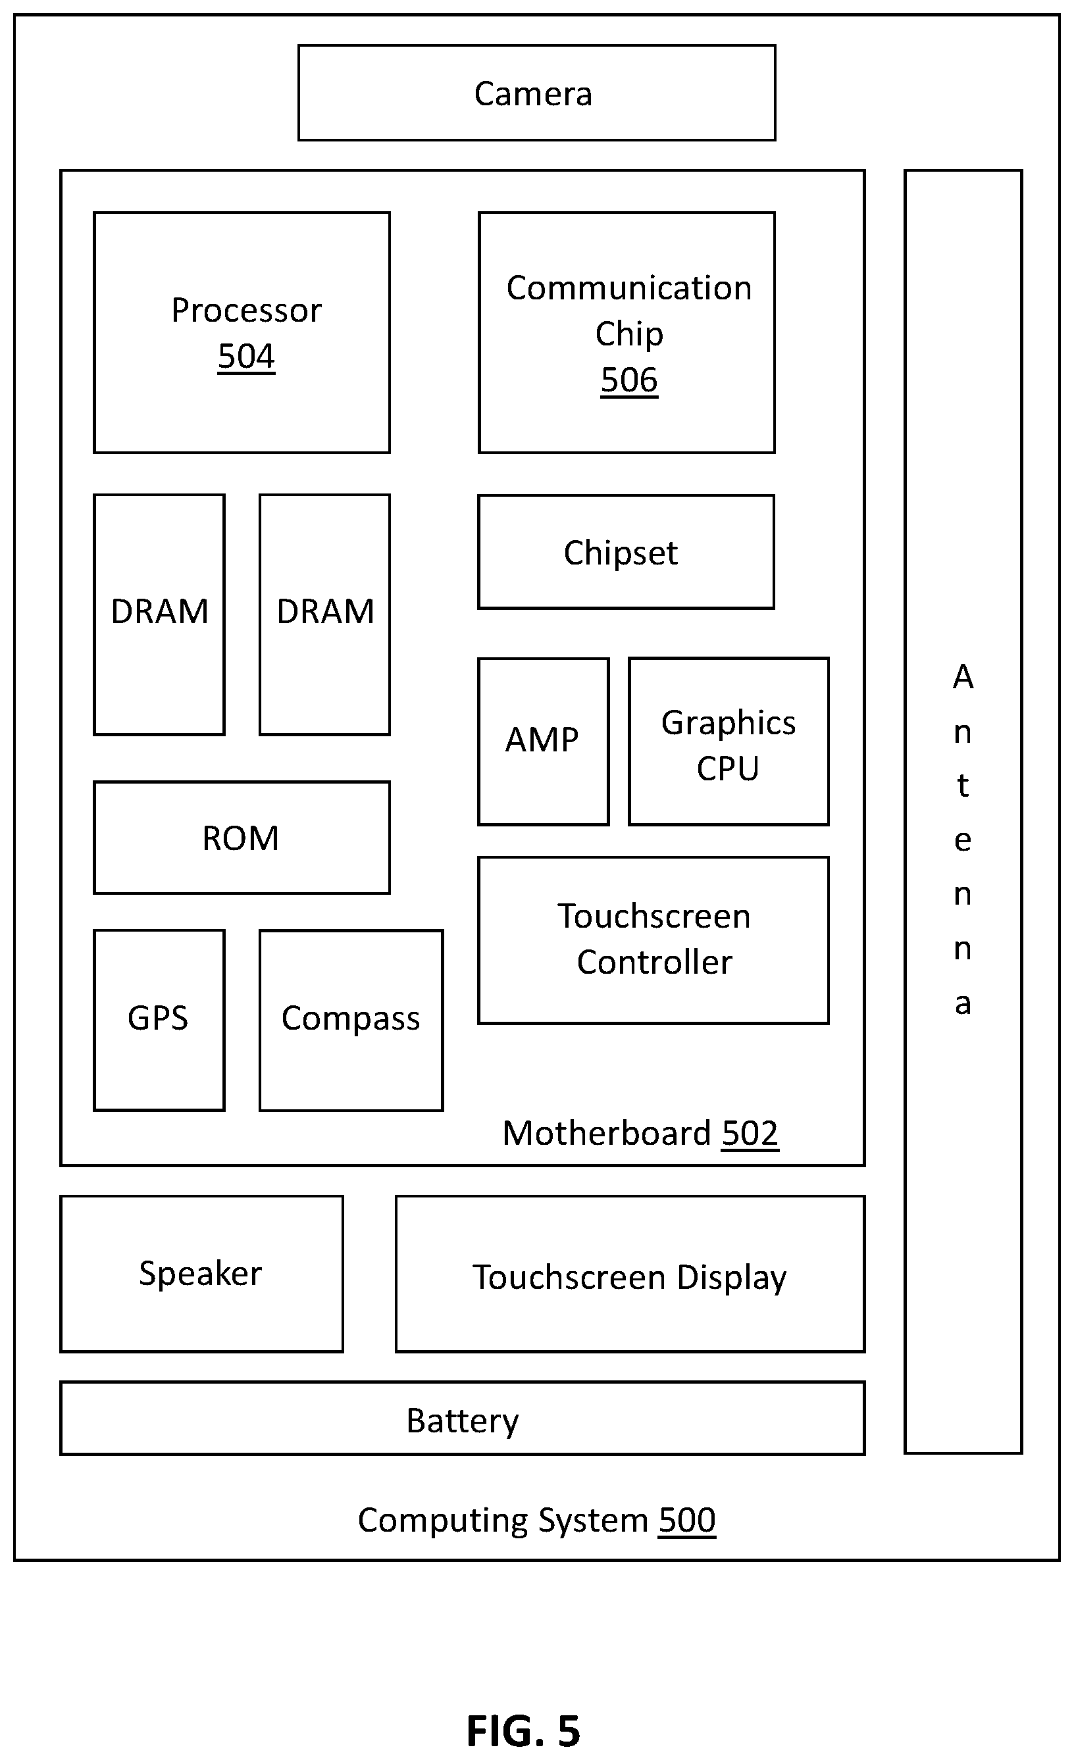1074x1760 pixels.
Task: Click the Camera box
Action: click(536, 93)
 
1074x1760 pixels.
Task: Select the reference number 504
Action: click(247, 357)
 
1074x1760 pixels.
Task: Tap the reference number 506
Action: click(629, 380)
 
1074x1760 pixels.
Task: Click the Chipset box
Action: click(626, 552)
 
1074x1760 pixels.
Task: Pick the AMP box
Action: click(544, 742)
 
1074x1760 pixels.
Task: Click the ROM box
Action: click(242, 838)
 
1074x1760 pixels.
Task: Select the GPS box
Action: click(159, 1020)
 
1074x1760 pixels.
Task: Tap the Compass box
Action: click(351, 1020)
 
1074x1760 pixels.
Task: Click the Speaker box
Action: click(201, 1274)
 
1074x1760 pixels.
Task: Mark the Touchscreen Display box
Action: click(630, 1274)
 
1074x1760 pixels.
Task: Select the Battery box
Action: click(463, 1419)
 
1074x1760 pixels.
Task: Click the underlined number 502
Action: click(750, 1134)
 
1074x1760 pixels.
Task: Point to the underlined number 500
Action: click(686, 1520)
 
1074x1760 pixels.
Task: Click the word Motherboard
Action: click(607, 1134)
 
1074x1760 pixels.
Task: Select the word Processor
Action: click(247, 311)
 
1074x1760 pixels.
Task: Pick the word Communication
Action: click(629, 288)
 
